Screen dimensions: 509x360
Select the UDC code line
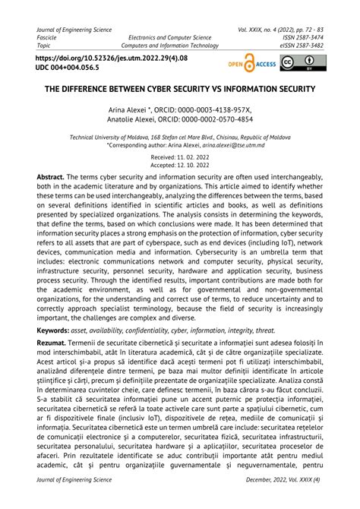(x=68, y=67)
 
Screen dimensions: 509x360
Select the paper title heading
(x=180, y=90)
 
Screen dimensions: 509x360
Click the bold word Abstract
(x=50, y=175)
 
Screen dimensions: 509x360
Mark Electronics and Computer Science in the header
(x=170, y=37)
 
